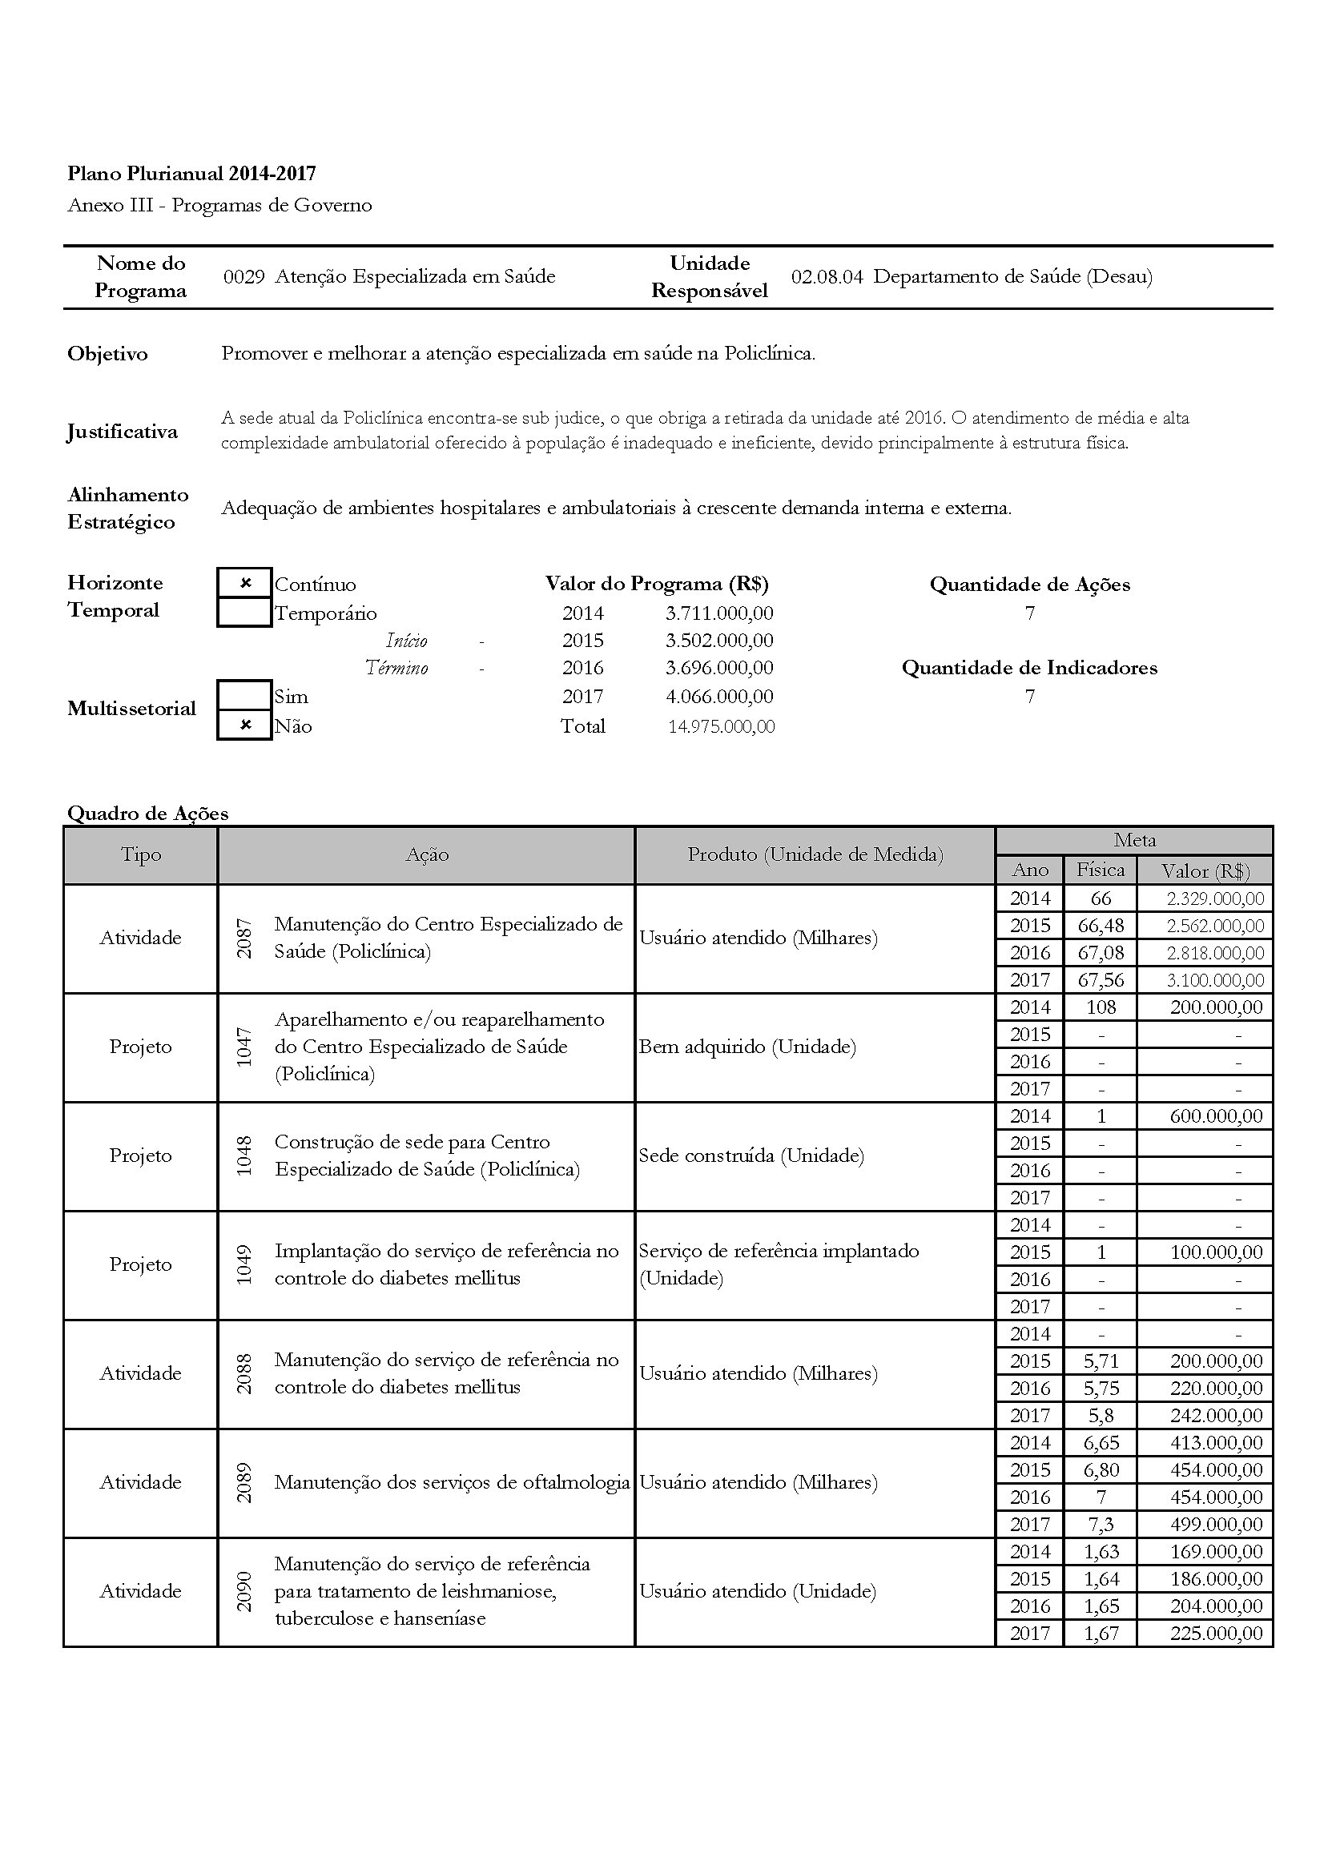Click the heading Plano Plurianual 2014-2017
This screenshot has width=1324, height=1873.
pos(191,173)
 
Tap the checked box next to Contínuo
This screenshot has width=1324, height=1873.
pos(245,583)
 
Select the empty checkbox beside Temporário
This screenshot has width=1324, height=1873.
pos(245,612)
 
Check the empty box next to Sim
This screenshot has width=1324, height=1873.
pos(245,696)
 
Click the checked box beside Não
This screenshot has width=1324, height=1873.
pos(245,725)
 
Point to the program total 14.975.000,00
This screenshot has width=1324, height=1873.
pos(721,726)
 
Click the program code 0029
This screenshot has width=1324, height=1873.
pos(244,276)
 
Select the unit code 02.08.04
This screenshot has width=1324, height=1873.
pos(827,276)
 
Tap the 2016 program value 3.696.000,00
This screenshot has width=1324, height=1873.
pos(718,667)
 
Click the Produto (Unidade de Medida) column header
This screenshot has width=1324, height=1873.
pos(815,854)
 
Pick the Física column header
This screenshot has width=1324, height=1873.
pos(1100,870)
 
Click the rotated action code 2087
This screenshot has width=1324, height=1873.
pos(244,938)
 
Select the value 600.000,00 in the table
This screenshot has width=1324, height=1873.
pos(1216,1116)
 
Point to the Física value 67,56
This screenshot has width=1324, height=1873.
pos(1101,979)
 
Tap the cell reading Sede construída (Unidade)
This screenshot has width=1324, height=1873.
pos(751,1156)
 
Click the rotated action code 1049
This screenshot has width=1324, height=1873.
pos(244,1264)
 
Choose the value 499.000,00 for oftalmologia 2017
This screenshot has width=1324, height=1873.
pos(1216,1524)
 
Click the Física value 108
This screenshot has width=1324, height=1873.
pos(1101,1007)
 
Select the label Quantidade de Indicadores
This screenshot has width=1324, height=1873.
pos(1028,667)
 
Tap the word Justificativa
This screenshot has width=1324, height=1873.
pos(123,431)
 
